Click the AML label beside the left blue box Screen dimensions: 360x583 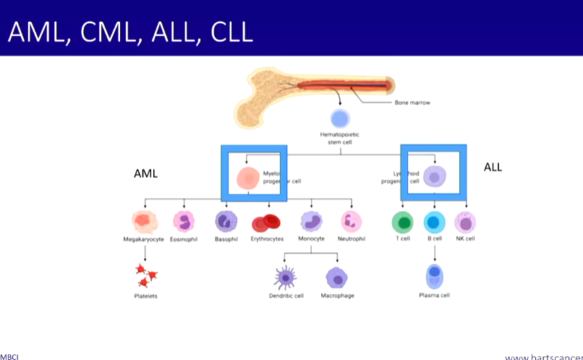point(145,174)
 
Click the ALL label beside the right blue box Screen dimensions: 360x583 point(493,168)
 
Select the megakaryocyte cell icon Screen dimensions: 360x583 point(145,221)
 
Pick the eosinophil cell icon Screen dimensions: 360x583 point(184,221)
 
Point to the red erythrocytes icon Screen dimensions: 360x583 point(265,223)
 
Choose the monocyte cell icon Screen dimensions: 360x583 point(311,221)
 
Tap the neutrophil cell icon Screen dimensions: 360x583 point(352,221)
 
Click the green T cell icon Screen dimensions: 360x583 point(402,222)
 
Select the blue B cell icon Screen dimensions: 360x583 point(434,222)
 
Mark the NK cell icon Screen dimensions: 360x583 point(465,222)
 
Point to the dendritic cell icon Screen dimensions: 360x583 point(285,278)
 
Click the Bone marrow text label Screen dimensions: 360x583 point(412,103)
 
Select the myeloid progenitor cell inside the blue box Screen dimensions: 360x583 point(248,177)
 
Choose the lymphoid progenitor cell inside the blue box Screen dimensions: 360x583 point(434,176)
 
